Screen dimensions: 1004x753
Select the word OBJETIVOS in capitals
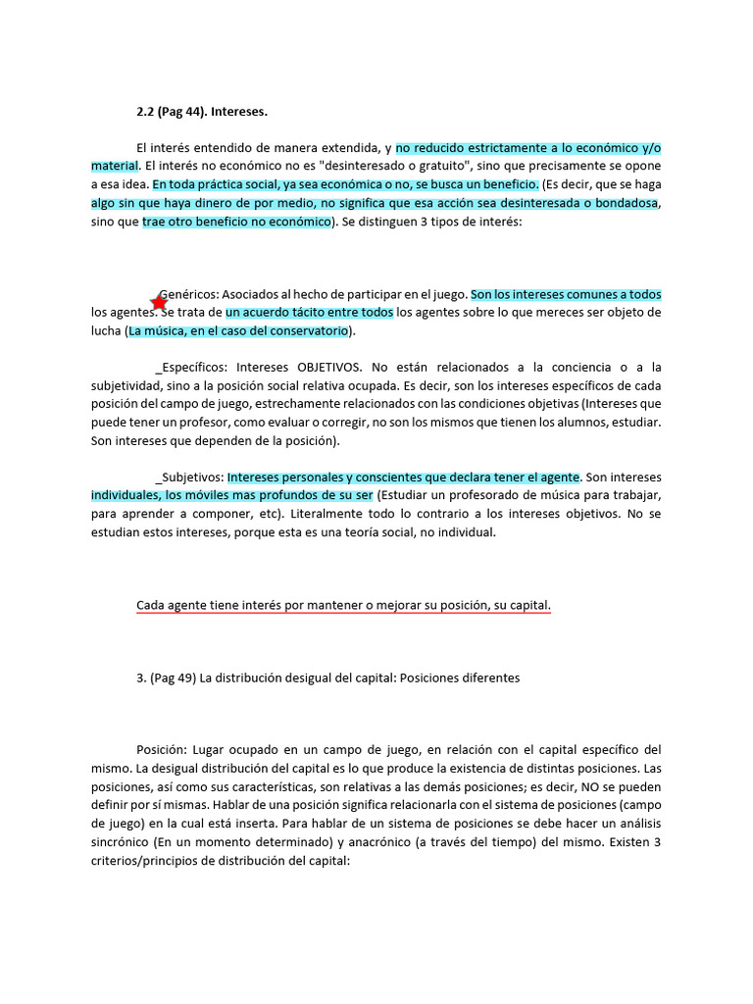(x=326, y=367)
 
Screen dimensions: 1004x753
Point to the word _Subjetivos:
(x=190, y=477)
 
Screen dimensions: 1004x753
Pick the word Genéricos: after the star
(x=190, y=294)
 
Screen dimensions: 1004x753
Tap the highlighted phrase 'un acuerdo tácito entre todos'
(x=310, y=313)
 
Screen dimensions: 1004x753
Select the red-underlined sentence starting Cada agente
(x=343, y=606)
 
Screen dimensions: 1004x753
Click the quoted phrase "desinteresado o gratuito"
(x=378, y=166)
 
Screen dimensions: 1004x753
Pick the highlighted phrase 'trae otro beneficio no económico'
(x=237, y=221)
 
